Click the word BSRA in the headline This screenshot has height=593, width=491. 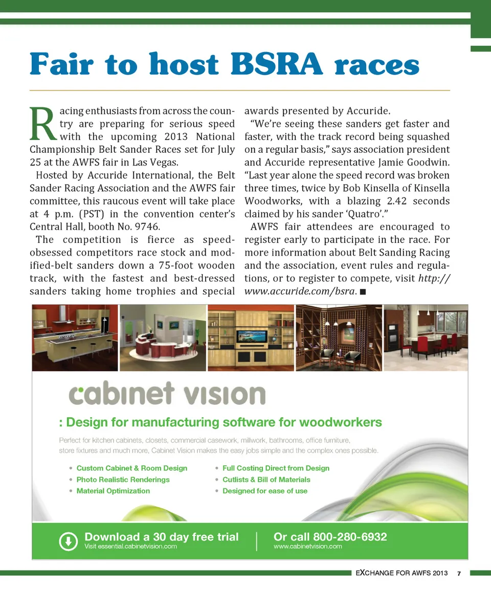tap(277, 64)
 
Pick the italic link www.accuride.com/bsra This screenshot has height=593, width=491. tap(300, 291)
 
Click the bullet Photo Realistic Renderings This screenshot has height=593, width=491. tap(123, 480)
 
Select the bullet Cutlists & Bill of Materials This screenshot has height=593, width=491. tap(266, 480)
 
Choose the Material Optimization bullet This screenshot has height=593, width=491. tap(113, 491)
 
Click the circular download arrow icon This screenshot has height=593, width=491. tap(68, 541)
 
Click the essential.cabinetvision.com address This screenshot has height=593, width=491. tap(130, 546)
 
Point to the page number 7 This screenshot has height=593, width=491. tap(459, 573)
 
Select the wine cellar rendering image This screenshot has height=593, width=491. tap(339, 337)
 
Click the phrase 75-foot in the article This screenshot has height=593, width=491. tap(172, 265)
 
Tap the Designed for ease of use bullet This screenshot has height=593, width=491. tap(265, 491)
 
